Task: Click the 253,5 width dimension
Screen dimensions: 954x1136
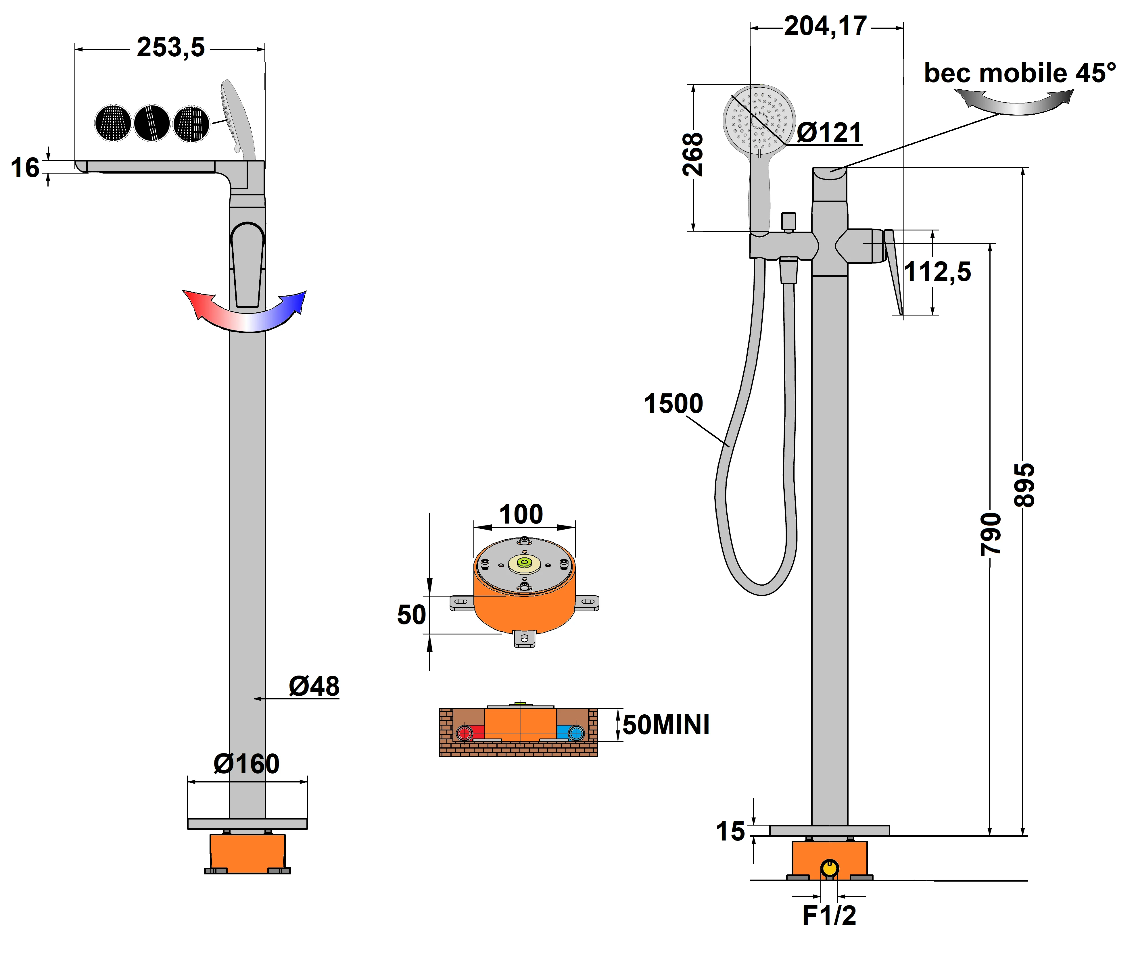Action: point(170,48)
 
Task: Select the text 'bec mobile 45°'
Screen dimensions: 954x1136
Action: point(1019,73)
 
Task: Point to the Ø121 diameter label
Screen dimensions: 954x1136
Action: point(829,132)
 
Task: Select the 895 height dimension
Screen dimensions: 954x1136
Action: point(1024,485)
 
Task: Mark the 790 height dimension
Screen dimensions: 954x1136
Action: point(991,534)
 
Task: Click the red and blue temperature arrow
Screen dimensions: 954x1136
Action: point(245,313)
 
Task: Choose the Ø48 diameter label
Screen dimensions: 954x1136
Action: point(314,686)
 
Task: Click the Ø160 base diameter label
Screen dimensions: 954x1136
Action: point(246,764)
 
